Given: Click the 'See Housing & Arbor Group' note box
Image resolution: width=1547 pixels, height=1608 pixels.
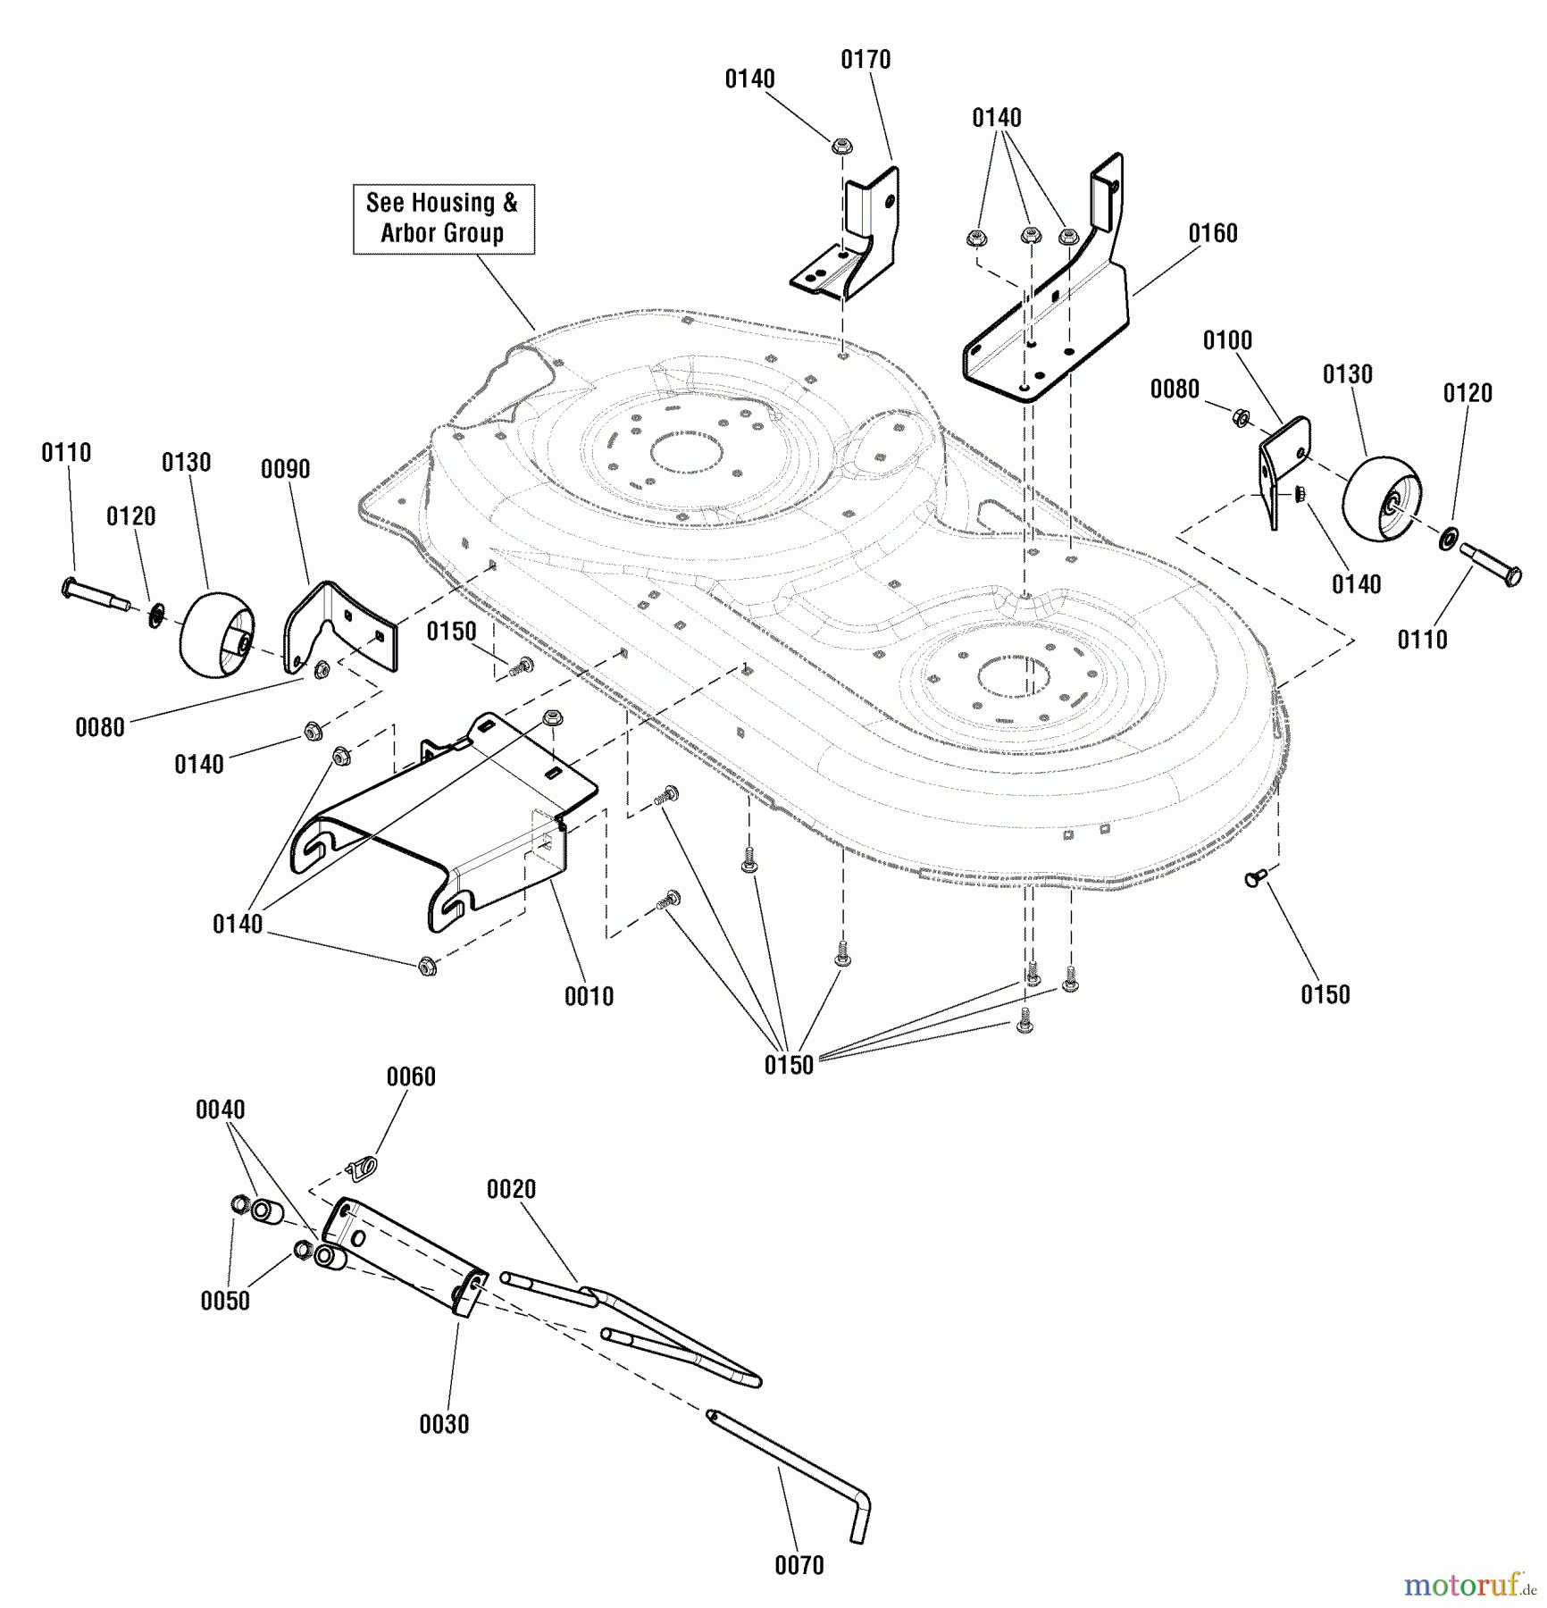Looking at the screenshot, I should [443, 219].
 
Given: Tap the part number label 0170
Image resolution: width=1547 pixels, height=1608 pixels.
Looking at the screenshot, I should [865, 60].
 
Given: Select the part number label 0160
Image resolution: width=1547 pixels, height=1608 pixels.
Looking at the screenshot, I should [1212, 233].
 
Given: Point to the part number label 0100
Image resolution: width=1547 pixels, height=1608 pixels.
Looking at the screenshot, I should [1227, 340].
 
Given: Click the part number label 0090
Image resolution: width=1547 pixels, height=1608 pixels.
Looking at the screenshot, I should [285, 469].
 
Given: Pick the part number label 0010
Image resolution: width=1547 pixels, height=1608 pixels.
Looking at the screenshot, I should [589, 996].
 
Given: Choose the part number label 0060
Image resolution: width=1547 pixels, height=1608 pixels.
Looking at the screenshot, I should [411, 1076].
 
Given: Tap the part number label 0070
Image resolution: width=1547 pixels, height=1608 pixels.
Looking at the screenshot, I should [799, 1565].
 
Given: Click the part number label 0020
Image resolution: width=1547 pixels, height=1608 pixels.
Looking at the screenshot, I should [511, 1189].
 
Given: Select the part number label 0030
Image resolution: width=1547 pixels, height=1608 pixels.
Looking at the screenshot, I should [444, 1424].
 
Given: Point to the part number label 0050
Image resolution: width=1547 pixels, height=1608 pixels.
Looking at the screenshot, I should [225, 1301].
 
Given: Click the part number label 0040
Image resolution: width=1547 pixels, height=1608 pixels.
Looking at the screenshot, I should [220, 1110].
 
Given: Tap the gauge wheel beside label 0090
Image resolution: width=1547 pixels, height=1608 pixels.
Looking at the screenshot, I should [217, 633].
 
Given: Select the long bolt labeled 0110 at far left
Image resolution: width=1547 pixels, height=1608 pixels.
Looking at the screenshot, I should [97, 596].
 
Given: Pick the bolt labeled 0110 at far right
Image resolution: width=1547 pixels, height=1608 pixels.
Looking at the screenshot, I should [1490, 565].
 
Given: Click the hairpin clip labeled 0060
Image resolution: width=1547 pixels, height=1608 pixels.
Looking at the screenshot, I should [362, 1164].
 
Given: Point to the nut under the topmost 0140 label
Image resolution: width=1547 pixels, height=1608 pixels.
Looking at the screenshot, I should [840, 145].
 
